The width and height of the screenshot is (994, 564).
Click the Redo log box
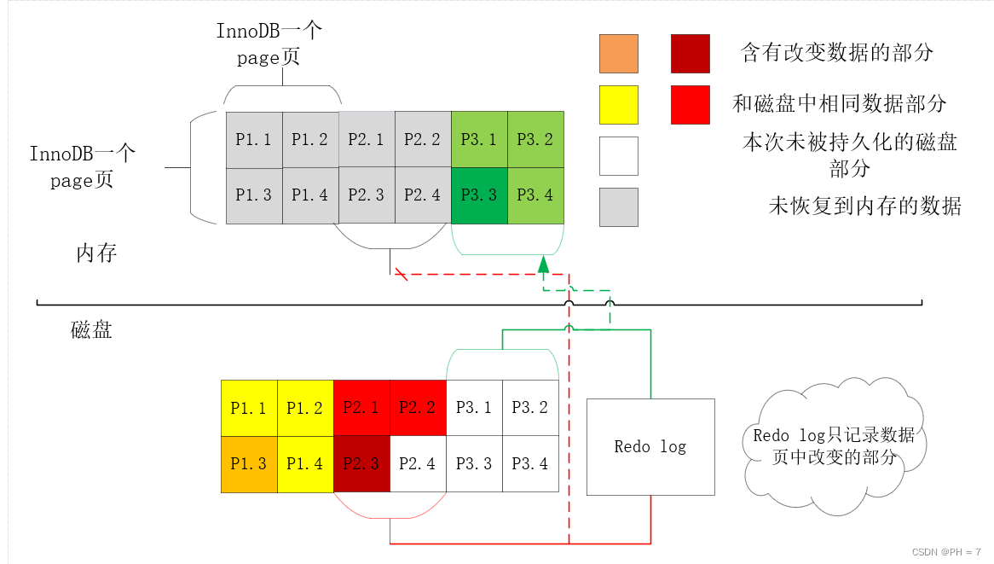(650, 446)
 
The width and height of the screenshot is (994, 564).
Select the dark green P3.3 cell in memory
(478, 195)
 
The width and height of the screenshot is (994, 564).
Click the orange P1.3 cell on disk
(249, 464)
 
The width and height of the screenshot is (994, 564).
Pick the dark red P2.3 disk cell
(361, 464)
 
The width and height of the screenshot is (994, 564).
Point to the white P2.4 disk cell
(418, 464)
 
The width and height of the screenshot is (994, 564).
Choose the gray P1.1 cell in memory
(253, 140)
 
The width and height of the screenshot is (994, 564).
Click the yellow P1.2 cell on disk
(305, 408)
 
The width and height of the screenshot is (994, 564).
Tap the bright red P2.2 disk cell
(418, 408)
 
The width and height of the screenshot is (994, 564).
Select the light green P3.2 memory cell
(535, 140)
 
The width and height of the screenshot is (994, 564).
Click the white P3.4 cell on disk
(530, 464)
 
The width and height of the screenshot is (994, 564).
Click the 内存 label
(96, 253)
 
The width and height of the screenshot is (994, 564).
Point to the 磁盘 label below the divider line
(91, 330)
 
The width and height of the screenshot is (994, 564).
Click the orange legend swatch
(619, 54)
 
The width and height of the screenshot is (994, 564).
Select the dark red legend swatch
(691, 54)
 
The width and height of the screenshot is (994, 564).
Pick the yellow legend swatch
(619, 105)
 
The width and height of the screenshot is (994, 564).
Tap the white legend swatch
(619, 156)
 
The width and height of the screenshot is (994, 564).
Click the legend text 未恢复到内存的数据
(864, 206)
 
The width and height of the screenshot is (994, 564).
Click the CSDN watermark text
(946, 552)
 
